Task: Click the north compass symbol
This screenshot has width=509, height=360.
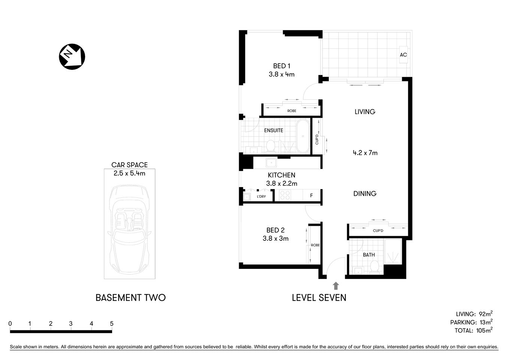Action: click(x=72, y=57)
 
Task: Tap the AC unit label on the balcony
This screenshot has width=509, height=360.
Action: click(x=403, y=55)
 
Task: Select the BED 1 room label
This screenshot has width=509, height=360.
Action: click(x=281, y=66)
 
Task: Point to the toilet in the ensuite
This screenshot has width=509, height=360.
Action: click(x=270, y=146)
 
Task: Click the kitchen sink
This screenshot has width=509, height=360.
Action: click(x=271, y=163)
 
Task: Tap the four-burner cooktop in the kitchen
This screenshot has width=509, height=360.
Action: click(x=285, y=195)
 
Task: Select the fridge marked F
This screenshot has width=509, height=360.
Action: click(x=311, y=196)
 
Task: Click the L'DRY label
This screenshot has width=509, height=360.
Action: click(x=261, y=196)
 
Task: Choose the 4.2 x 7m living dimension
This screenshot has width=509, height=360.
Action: click(x=365, y=153)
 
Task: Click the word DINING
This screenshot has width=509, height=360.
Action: click(x=365, y=193)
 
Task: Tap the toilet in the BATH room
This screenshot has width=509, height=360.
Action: click(x=374, y=267)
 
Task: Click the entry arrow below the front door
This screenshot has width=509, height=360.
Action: click(x=336, y=286)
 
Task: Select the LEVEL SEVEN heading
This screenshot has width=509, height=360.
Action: click(x=319, y=298)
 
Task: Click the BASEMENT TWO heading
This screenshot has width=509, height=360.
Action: click(x=130, y=298)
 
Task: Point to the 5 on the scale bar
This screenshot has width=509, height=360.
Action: click(x=112, y=324)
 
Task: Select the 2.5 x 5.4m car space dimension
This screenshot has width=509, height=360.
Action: click(x=129, y=173)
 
